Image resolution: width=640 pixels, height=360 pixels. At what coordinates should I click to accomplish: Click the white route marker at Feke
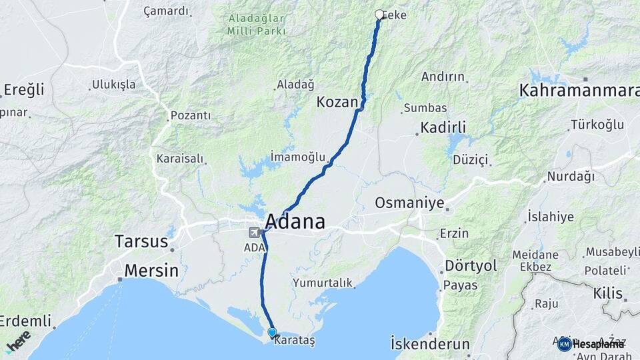tap(379, 15)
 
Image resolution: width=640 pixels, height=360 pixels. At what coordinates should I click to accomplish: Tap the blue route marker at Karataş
tap(272, 332)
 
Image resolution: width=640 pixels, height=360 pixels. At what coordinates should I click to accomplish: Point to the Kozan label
tap(337, 103)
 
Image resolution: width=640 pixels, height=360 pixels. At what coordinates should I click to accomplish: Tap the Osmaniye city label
tap(409, 203)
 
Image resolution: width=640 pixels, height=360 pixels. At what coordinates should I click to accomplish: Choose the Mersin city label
tap(151, 271)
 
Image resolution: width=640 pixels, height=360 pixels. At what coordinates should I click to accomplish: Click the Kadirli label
tap(443, 127)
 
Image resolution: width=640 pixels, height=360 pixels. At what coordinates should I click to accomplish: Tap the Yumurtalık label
tap(323, 283)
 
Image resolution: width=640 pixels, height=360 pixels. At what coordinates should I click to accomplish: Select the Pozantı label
tap(191, 115)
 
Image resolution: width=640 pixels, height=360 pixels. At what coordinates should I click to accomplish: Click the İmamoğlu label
tap(298, 157)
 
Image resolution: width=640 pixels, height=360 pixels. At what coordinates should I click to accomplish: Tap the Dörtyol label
tap(471, 265)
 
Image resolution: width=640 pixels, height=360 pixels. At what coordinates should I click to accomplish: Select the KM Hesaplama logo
tap(591, 344)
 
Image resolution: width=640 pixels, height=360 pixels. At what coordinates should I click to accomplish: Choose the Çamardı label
tap(166, 11)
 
